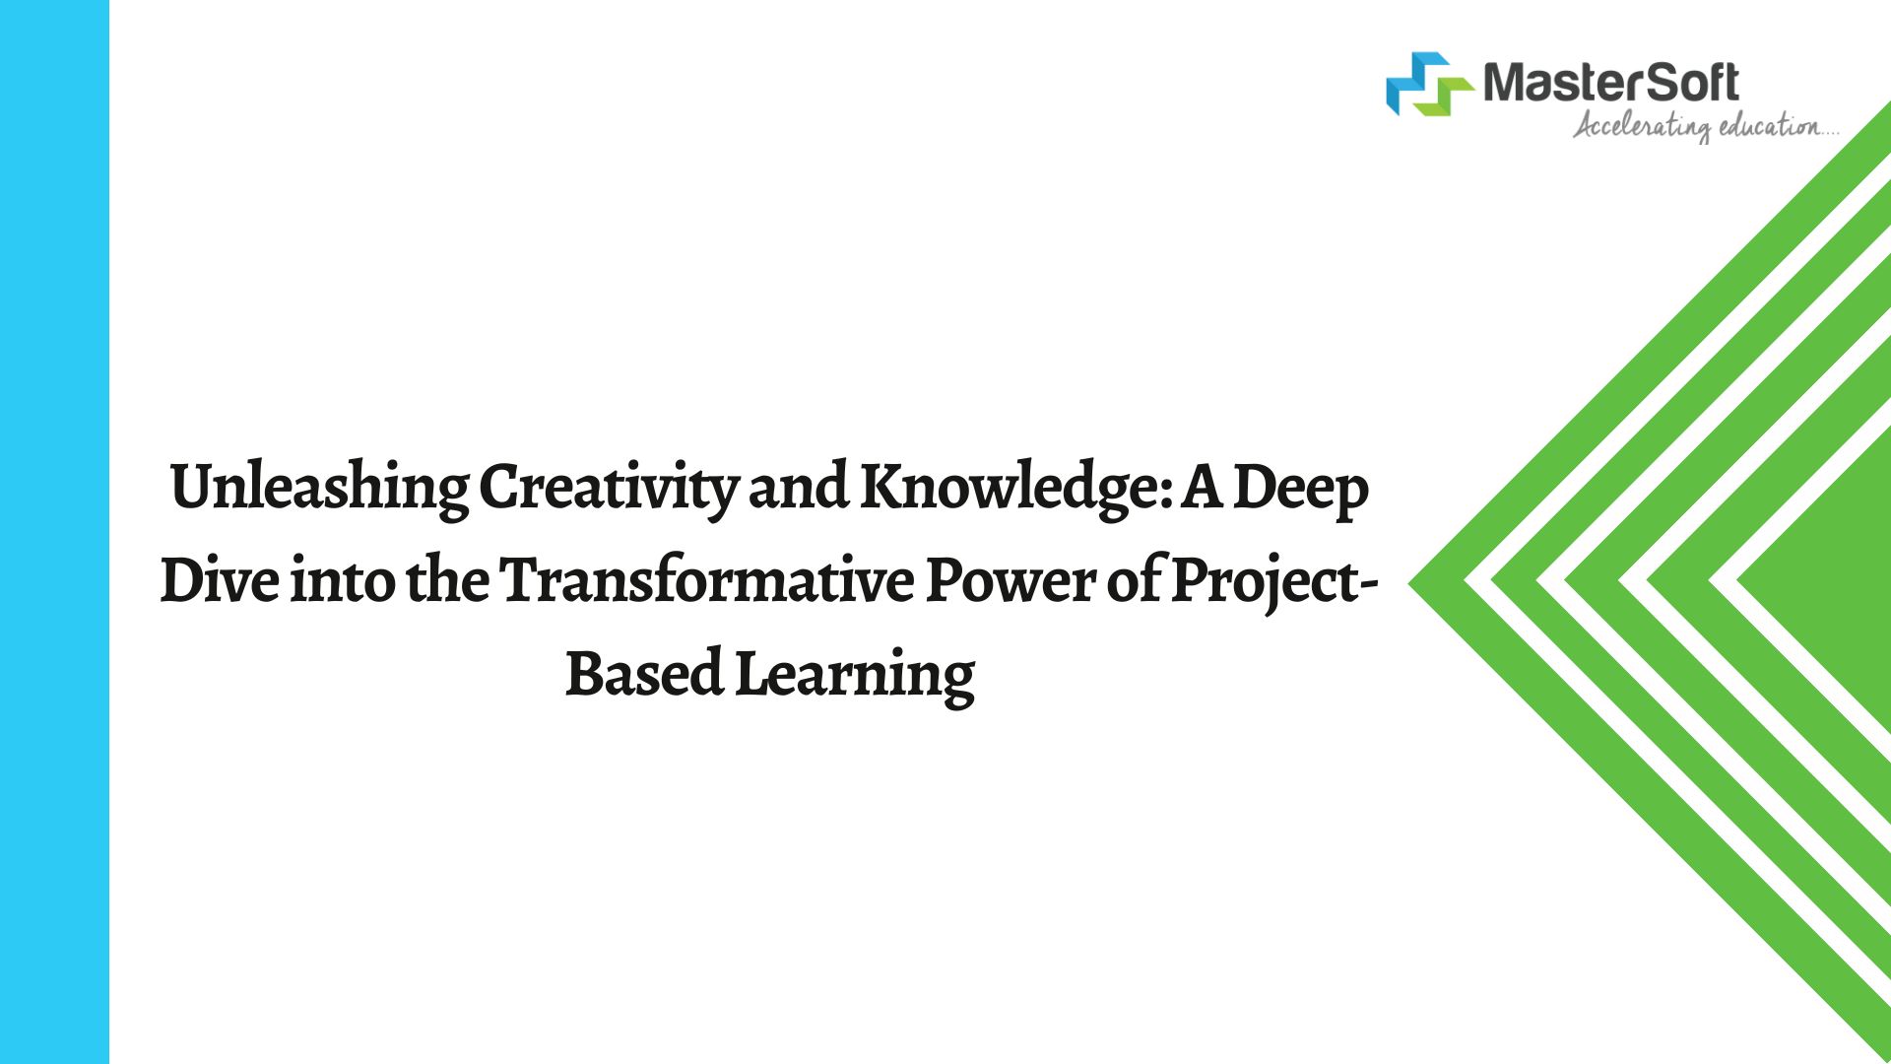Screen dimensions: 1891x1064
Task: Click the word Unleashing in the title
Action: pyautogui.click(x=320, y=489)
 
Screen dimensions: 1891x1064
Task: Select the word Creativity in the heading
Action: pyautogui.click(x=609, y=489)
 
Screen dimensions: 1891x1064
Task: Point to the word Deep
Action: pyautogui.click(x=1300, y=489)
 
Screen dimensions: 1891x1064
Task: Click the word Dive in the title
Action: pyautogui.click(x=220, y=580)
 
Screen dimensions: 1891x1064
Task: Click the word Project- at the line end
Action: pyautogui.click(x=1274, y=581)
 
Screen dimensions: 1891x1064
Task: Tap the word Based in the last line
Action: pyautogui.click(x=644, y=674)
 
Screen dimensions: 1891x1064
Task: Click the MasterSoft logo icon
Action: pyautogui.click(x=1429, y=84)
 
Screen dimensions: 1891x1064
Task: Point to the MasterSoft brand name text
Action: pyautogui.click(x=1610, y=82)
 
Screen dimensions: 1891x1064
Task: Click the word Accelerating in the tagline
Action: pyautogui.click(x=1642, y=127)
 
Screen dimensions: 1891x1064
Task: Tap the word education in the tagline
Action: pyautogui.click(x=1769, y=126)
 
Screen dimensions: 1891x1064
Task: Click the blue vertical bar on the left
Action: pyautogui.click(x=54, y=532)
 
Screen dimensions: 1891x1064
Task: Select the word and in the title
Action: pyautogui.click(x=799, y=488)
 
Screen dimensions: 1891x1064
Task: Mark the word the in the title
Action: pyautogui.click(x=447, y=579)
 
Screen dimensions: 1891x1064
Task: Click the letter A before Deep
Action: pyautogui.click(x=1203, y=489)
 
